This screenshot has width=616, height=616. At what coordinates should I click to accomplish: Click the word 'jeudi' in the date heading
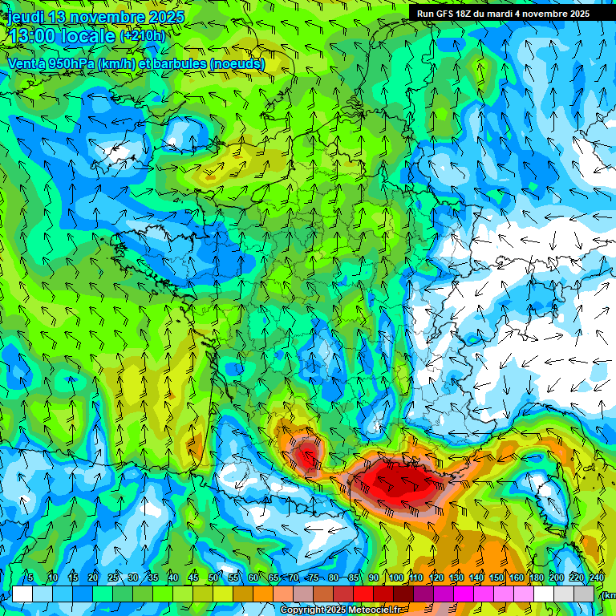coord(25,17)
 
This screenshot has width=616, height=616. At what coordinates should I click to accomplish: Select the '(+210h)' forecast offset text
coord(143,36)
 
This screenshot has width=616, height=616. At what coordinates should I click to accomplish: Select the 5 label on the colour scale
coord(30,578)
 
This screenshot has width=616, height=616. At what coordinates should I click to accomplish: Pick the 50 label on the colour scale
coord(213,578)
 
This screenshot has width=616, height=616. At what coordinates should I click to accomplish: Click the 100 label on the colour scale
coord(396,578)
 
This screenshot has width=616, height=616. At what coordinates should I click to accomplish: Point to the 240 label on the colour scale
coord(596,578)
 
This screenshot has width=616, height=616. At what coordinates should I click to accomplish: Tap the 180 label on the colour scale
coord(536,578)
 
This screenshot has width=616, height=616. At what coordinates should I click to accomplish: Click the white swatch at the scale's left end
coord(22,594)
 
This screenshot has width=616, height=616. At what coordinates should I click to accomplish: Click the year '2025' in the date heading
coord(164,17)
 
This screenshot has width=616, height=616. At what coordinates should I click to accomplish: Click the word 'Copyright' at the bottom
coord(302,610)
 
